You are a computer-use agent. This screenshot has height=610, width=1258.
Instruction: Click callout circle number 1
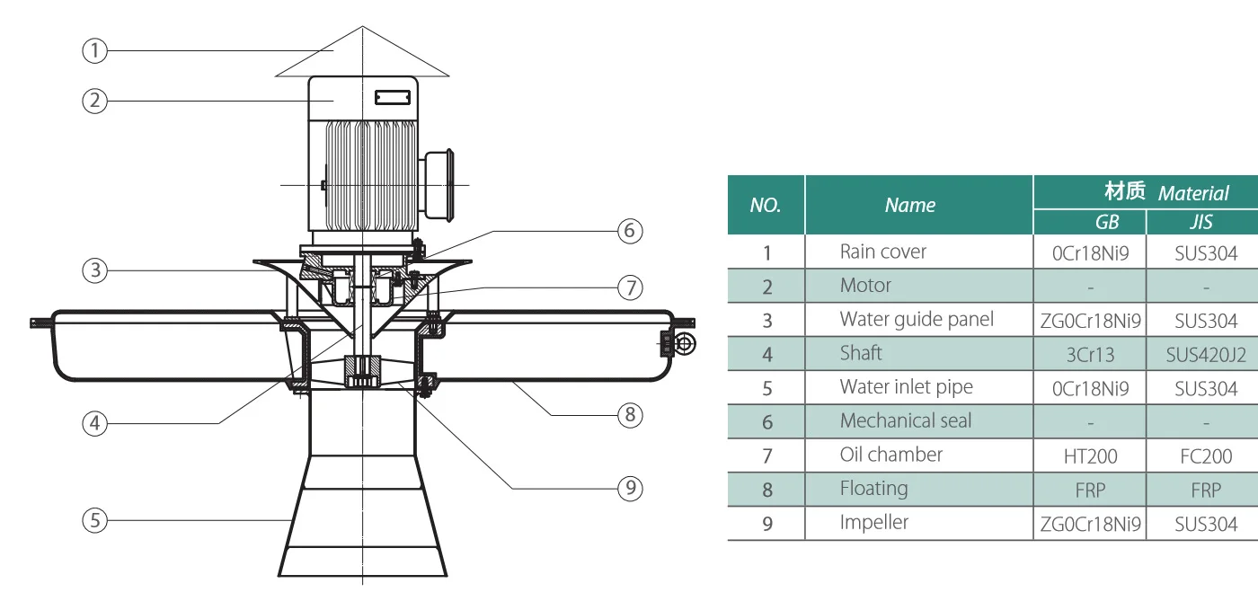(94, 51)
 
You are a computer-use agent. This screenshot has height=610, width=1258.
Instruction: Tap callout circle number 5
(94, 519)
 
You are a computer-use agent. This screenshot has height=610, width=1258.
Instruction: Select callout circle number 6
(629, 231)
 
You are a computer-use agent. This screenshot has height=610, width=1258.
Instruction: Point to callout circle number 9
(631, 488)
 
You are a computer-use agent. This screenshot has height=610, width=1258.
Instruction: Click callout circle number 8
(630, 415)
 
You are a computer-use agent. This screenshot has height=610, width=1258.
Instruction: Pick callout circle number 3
(94, 270)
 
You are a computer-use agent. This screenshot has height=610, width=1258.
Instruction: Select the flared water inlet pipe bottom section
(362, 530)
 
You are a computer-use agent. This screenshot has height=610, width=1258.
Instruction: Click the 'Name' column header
(909, 205)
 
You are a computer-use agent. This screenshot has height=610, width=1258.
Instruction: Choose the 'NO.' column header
(766, 205)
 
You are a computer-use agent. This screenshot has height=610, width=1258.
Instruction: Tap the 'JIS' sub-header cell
(1200, 222)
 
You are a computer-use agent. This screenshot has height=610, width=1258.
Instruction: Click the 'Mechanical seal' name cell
(906, 420)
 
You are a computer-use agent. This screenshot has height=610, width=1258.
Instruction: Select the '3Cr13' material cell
(1089, 355)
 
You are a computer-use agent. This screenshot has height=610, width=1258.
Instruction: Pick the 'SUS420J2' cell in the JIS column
(1205, 355)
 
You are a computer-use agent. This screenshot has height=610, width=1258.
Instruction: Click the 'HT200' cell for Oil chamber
(1089, 456)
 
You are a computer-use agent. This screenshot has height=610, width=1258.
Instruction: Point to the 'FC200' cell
(1205, 456)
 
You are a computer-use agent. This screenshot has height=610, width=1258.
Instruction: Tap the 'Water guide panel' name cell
(917, 320)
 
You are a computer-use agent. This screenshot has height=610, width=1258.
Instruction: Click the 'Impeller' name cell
(873, 523)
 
